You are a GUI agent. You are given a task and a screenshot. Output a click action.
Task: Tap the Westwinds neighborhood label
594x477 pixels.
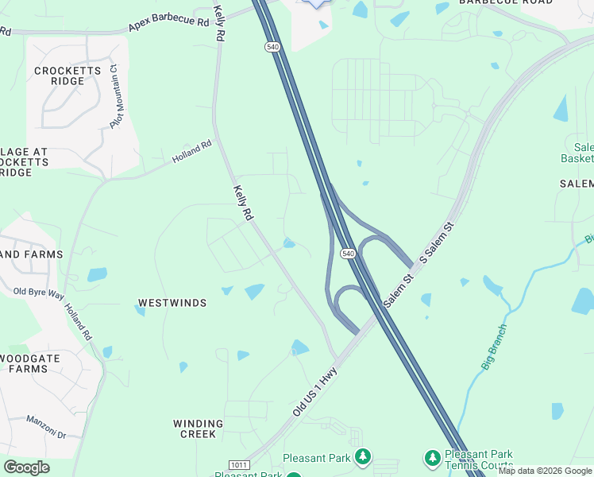pyautogui.click(x=172, y=303)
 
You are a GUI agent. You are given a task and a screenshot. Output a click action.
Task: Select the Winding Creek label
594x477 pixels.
pyautogui.click(x=198, y=429)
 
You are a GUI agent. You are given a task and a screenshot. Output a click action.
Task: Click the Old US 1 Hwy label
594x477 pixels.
pyautogui.click(x=315, y=391)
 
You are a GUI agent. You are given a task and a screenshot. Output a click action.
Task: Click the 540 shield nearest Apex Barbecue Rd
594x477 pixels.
pyautogui.click(x=272, y=48)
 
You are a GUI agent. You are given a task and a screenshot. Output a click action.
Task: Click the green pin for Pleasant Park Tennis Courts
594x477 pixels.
pyautogui.click(x=432, y=458)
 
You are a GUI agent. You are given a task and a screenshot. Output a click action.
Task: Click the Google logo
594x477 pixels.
pyautogui.click(x=26, y=467)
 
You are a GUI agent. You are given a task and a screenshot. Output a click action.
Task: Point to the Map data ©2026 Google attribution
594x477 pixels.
pyautogui.click(x=545, y=471)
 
